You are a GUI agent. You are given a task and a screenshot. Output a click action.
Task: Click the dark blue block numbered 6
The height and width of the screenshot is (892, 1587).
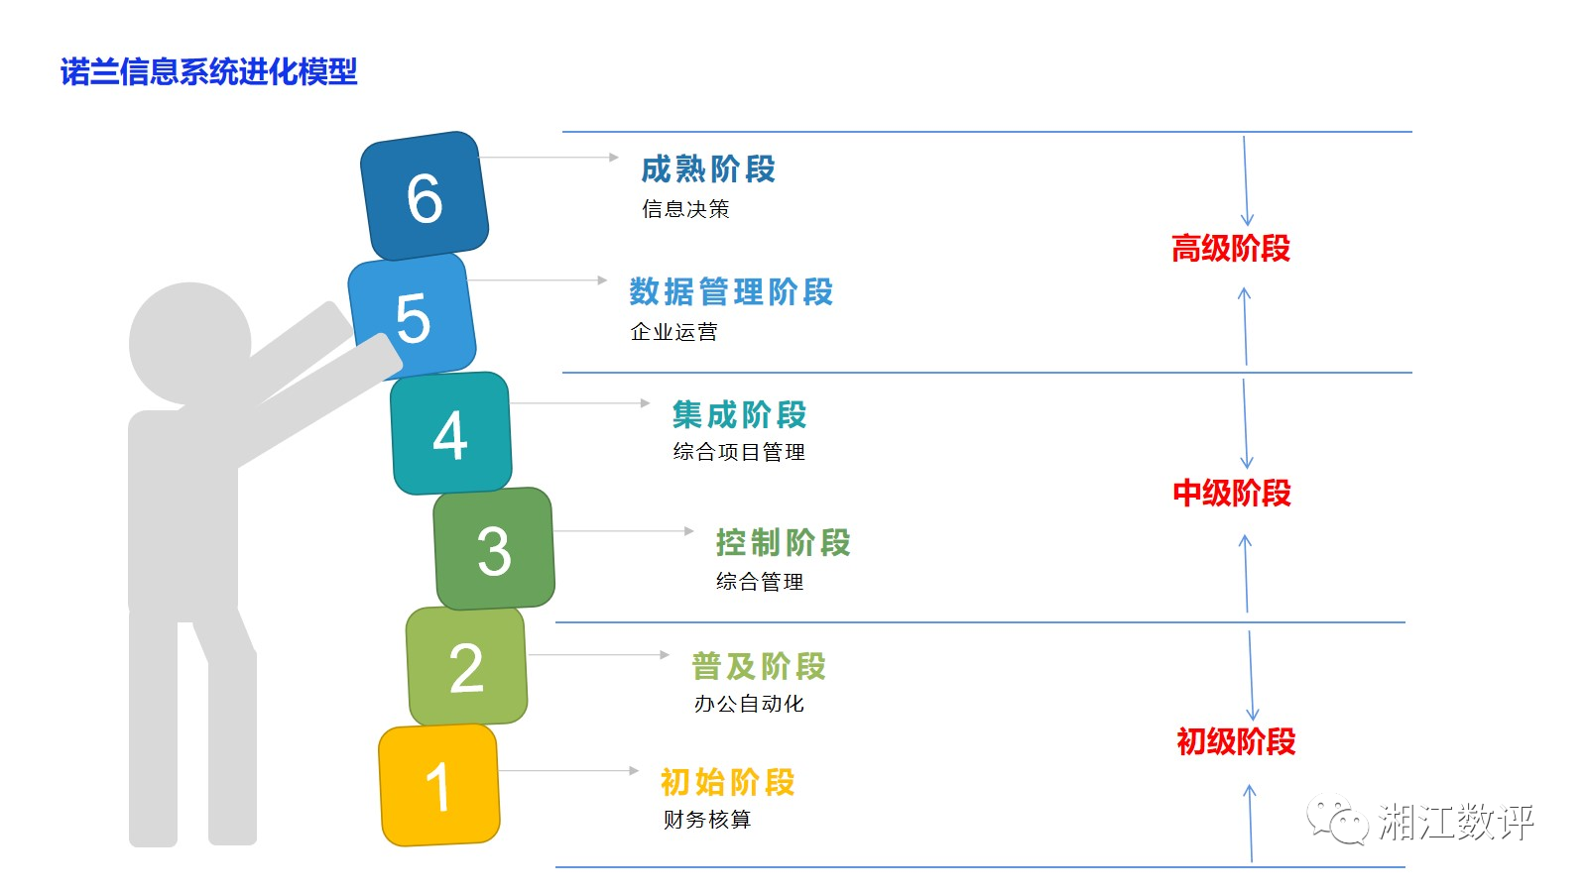425,196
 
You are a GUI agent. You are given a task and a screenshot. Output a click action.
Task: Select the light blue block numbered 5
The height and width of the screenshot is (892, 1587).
412,316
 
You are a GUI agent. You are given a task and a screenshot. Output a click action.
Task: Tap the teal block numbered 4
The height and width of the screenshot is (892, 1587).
451,433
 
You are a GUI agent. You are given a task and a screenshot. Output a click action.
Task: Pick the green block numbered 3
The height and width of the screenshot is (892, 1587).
494,549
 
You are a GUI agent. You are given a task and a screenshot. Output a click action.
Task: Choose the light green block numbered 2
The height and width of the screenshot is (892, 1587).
466,666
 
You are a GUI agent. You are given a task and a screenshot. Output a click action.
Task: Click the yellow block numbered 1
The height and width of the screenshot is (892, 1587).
438,785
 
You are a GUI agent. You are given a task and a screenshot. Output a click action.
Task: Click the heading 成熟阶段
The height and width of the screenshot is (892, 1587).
708,169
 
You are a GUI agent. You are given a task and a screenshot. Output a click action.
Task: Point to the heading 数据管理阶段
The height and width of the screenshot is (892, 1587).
731,292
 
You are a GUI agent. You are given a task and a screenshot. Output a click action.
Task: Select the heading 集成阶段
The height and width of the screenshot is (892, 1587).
739,414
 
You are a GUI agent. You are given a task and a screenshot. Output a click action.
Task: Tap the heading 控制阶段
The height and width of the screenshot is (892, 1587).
783,543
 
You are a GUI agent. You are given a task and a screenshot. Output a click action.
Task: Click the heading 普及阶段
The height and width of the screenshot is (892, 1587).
759,666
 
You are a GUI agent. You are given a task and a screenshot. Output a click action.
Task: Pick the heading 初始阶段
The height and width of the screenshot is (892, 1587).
727,782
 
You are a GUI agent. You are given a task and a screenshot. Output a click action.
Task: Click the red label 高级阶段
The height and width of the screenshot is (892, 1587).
1230,249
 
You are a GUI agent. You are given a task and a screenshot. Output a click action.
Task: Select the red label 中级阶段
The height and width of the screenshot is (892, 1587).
1231,494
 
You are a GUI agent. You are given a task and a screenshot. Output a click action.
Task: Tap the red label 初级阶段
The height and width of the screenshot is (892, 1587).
1235,741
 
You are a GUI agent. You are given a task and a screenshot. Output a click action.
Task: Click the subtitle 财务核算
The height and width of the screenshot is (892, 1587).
707,820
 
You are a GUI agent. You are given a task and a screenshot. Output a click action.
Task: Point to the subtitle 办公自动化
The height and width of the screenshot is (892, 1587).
749,704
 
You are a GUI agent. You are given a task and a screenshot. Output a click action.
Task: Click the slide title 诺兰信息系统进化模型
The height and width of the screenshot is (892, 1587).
208,72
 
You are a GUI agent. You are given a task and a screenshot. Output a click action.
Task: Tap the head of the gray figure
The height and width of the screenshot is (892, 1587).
189,342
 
